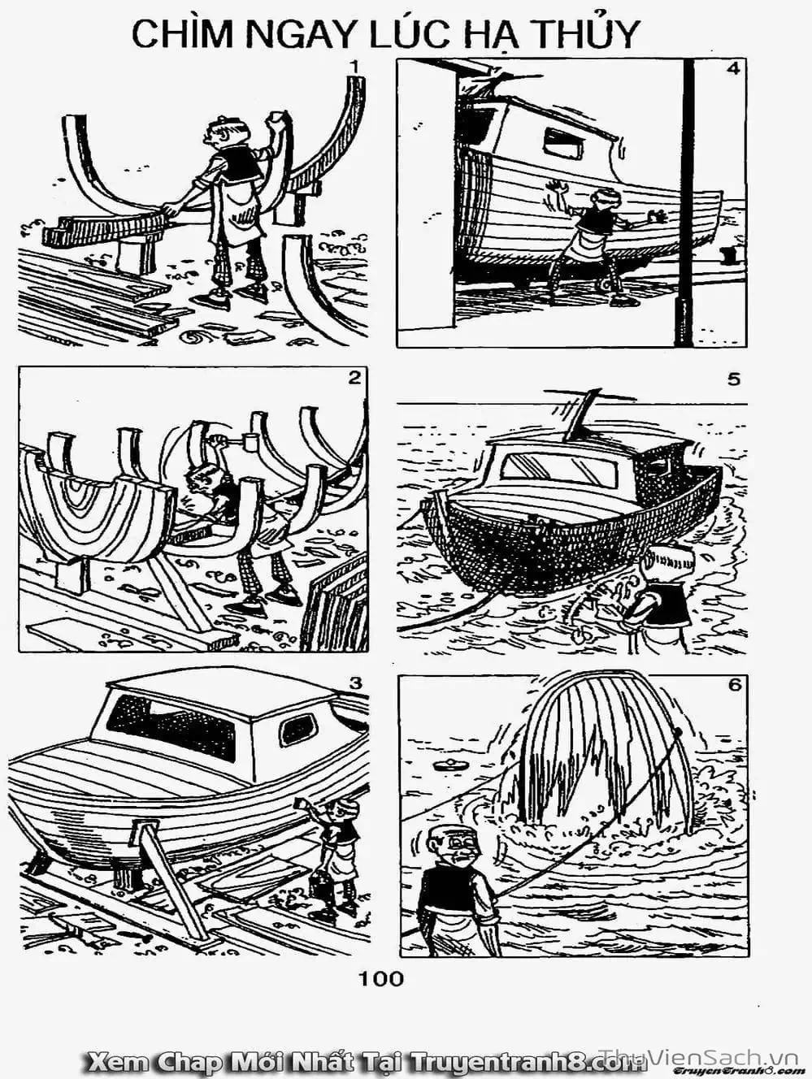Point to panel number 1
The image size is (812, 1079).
click(x=354, y=67)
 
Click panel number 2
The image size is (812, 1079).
click(x=354, y=379)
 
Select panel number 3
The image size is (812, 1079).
click(x=355, y=682)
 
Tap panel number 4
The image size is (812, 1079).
click(x=732, y=69)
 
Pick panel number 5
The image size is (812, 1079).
click(x=733, y=379)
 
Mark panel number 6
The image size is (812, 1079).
click(x=734, y=684)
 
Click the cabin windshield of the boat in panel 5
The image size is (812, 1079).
click(x=560, y=467)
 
